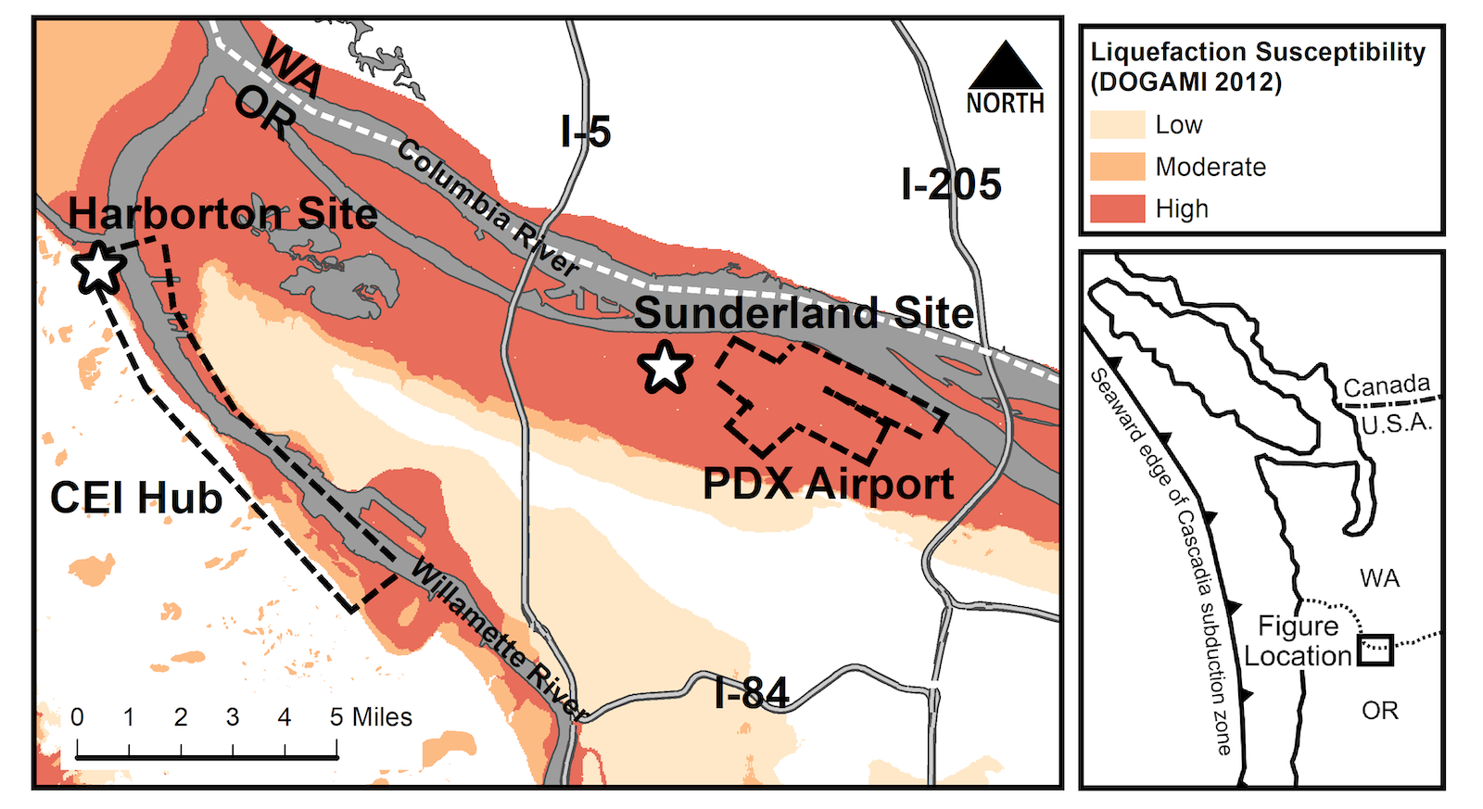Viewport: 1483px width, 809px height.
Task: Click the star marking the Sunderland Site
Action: tap(665, 367)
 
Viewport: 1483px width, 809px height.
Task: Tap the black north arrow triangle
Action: tap(1005, 67)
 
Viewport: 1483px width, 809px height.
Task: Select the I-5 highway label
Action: tap(586, 133)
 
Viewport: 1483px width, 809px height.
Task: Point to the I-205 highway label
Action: tap(951, 184)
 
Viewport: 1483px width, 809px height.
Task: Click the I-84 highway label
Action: tap(752, 693)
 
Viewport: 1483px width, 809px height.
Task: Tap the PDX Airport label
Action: tap(828, 484)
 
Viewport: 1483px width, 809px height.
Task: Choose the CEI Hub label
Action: tap(136, 498)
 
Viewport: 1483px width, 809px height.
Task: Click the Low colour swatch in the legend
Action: tap(1117, 125)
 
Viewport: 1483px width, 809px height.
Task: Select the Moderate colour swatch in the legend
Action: tap(1117, 167)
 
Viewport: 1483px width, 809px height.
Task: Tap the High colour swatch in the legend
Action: tap(1117, 209)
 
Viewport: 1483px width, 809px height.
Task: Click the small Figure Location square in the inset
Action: tap(1375, 649)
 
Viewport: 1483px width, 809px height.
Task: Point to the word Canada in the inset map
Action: tap(1387, 386)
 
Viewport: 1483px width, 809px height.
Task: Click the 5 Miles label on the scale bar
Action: tap(371, 717)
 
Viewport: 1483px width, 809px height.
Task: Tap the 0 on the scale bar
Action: tap(77, 717)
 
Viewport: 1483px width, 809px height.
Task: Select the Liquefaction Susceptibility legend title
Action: tap(1258, 67)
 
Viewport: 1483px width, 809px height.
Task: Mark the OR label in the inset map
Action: tap(1379, 711)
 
